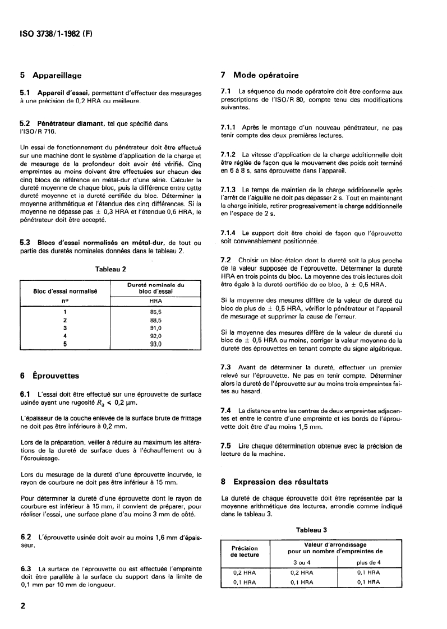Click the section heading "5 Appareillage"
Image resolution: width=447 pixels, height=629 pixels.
tap(50, 75)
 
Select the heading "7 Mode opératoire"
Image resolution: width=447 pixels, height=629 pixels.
tap(260, 75)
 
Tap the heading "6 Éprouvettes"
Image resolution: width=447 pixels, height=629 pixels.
tap(49, 376)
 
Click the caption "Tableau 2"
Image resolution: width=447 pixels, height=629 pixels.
tap(110, 269)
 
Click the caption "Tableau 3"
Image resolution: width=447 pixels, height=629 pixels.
tap(312, 529)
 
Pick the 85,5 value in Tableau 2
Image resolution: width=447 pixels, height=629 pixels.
tap(155, 312)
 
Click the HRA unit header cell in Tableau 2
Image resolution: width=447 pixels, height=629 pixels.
tap(155, 301)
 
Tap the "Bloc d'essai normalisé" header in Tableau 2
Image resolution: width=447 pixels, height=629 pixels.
tap(65, 292)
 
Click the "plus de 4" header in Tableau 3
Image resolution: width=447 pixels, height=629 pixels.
tap(368, 562)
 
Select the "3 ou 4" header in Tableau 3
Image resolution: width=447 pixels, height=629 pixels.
tap(302, 562)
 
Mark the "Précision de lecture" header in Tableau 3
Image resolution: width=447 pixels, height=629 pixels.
tap(245, 552)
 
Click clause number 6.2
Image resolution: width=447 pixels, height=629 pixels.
tap(25, 537)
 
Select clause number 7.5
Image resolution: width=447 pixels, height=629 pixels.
tap(227, 446)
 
